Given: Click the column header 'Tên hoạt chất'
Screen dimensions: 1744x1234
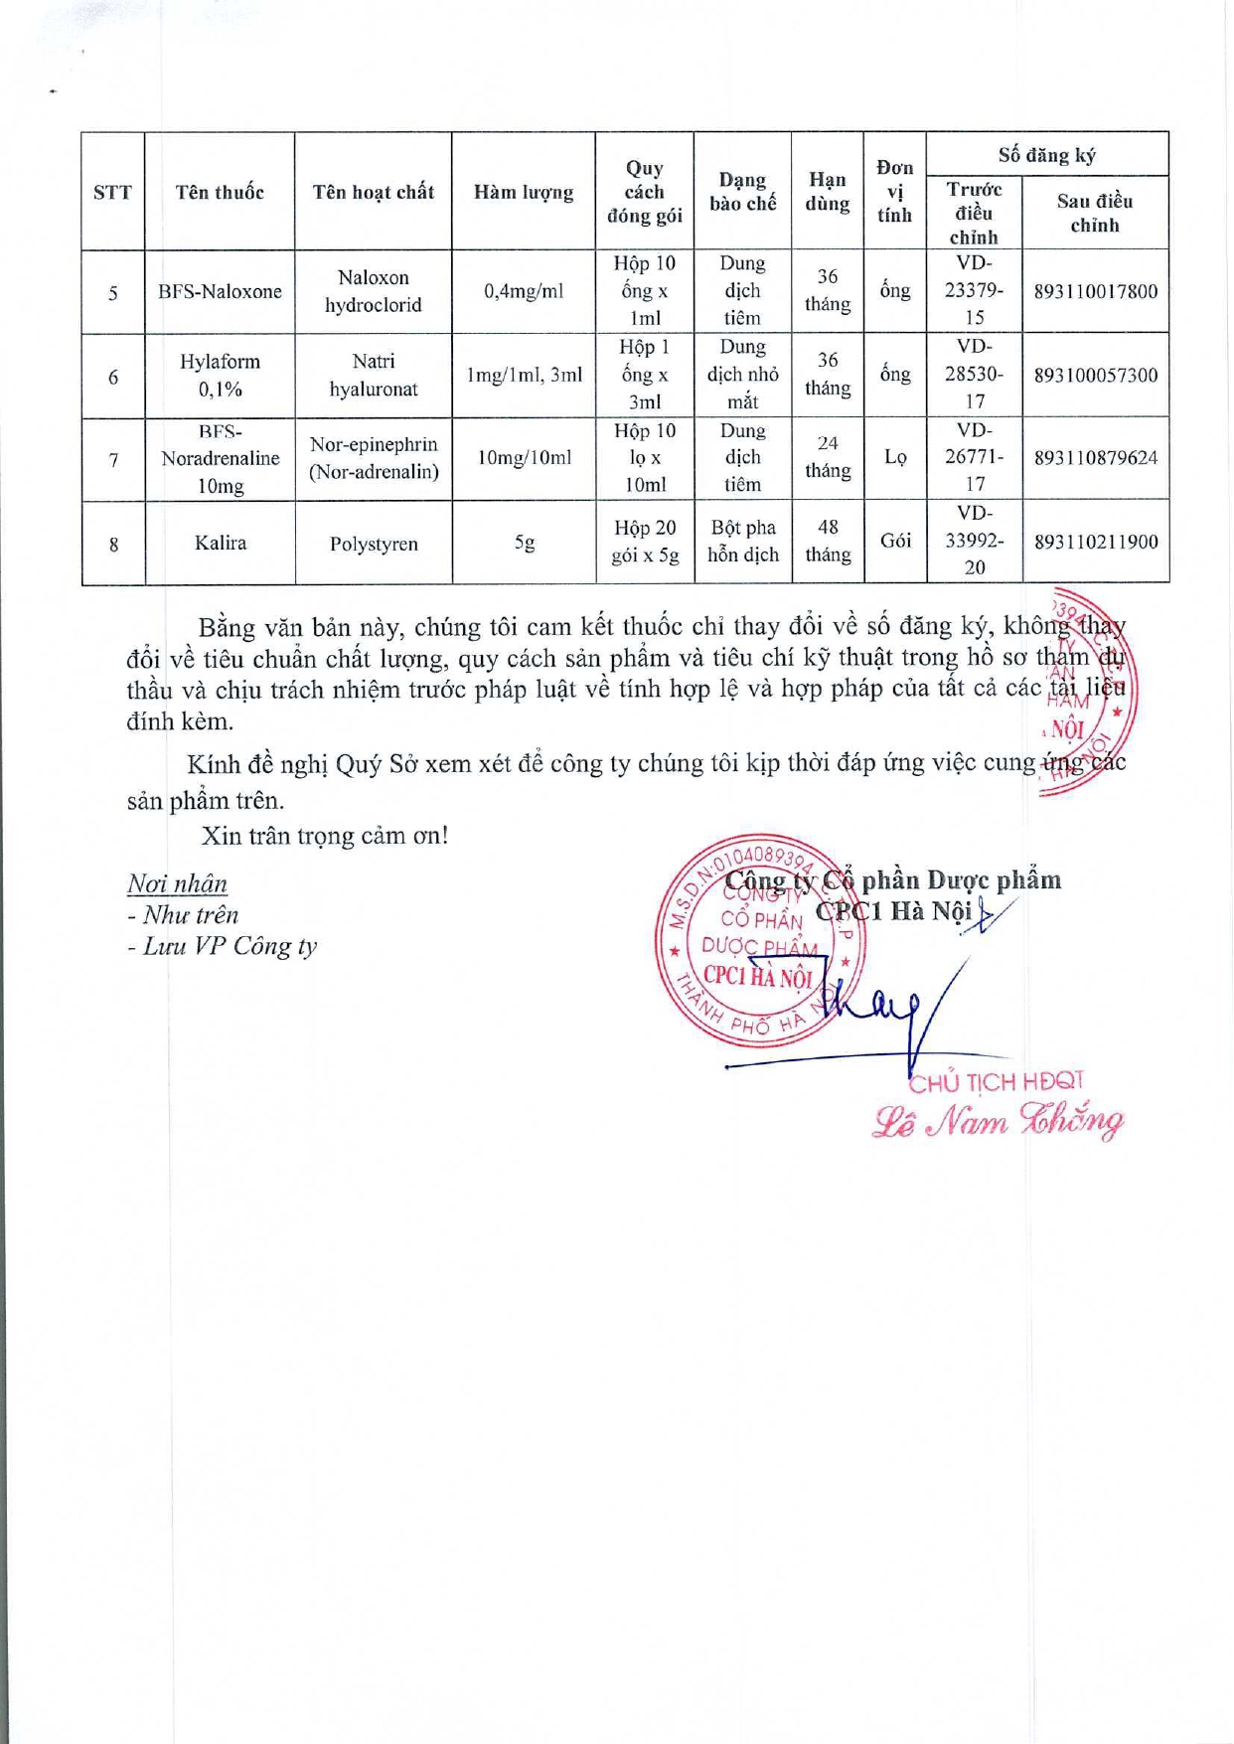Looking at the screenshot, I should (373, 192).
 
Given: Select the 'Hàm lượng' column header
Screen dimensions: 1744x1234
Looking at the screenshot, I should (523, 192).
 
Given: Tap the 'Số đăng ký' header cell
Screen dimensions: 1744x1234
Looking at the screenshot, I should (1046, 155).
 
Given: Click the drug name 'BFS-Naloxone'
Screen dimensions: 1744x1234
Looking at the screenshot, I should (220, 291).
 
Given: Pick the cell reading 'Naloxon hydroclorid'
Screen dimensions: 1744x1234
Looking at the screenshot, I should (373, 291).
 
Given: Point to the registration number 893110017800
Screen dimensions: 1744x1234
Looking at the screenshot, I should (1095, 291).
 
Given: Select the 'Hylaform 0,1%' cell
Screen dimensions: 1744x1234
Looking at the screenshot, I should (220, 375).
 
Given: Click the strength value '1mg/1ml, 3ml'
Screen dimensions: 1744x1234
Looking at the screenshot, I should (523, 375).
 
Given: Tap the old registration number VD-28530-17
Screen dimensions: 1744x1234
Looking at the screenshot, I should (974, 375).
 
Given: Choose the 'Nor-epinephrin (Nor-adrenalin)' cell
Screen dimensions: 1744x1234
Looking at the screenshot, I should (373, 458).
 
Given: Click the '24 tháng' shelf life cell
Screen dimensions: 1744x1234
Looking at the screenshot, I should (827, 457).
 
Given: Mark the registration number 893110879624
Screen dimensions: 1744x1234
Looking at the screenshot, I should (1095, 458).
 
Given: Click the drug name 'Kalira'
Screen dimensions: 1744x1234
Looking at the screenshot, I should (220, 543).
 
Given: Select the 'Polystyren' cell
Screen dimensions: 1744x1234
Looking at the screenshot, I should (373, 544).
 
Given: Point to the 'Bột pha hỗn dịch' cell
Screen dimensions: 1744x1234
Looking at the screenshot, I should (742, 542).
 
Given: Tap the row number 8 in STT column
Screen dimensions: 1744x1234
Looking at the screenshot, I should (113, 544).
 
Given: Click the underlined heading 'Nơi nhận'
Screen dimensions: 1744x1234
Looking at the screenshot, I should (177, 883).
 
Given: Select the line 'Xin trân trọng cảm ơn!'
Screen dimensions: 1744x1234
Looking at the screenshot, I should (325, 835).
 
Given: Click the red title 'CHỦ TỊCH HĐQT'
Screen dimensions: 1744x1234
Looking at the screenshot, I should (996, 1081).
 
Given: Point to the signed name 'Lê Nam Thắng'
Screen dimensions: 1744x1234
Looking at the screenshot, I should (998, 1122).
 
